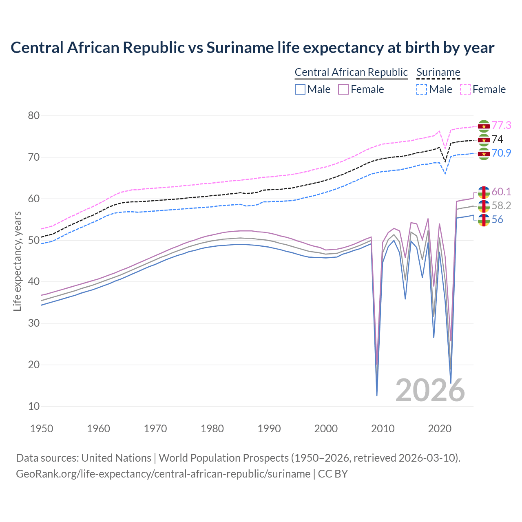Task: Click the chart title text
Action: click(x=252, y=48)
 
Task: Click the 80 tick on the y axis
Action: click(x=34, y=116)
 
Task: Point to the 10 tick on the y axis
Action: click(x=34, y=406)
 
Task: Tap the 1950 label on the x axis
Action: click(x=42, y=429)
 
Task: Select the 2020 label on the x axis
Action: click(x=440, y=429)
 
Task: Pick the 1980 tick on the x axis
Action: click(x=212, y=429)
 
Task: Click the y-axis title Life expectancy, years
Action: click(x=17, y=261)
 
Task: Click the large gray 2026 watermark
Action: click(x=430, y=390)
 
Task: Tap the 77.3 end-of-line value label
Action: click(x=501, y=126)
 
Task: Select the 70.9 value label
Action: click(x=501, y=153)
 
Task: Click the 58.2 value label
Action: click(x=501, y=206)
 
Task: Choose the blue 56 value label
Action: click(x=497, y=220)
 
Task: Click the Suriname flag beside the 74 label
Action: click(x=484, y=140)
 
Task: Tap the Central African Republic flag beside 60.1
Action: click(x=484, y=192)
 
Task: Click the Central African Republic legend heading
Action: click(x=351, y=72)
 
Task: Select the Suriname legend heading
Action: click(x=438, y=72)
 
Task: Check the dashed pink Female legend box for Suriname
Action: click(x=465, y=89)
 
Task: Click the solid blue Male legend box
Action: click(x=300, y=89)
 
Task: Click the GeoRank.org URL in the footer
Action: click(x=163, y=474)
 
